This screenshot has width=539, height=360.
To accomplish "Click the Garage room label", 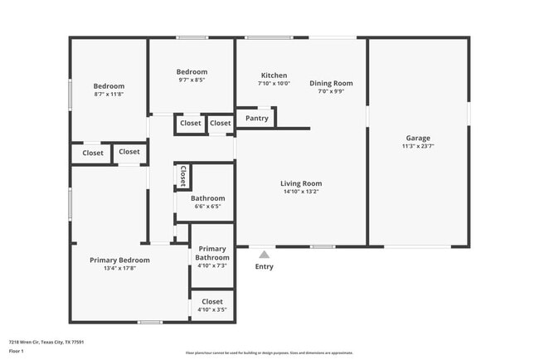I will pyautogui.click(x=417, y=138).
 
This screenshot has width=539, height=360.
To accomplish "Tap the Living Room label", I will pyautogui.click(x=300, y=183).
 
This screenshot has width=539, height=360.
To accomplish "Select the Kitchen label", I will pyautogui.click(x=274, y=75).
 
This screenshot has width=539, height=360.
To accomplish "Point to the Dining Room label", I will pyautogui.click(x=331, y=83).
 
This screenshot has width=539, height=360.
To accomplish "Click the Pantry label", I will pyautogui.click(x=256, y=119).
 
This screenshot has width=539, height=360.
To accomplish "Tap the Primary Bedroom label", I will pyautogui.click(x=124, y=260).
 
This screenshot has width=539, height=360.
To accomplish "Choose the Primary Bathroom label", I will pyautogui.click(x=212, y=253).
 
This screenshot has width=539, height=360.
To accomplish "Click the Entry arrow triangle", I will pyautogui.click(x=264, y=255).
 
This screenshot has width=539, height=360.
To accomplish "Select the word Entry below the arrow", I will pyautogui.click(x=264, y=266).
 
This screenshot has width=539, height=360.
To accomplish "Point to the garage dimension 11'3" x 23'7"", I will pyautogui.click(x=417, y=147).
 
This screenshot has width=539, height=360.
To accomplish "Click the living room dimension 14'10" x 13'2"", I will pyautogui.click(x=300, y=192).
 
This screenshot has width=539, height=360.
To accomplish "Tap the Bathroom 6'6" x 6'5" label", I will pyautogui.click(x=207, y=198).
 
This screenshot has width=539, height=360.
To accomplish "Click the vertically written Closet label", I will pyautogui.click(x=182, y=176).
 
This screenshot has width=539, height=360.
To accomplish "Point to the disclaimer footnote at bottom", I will pyautogui.click(x=269, y=353).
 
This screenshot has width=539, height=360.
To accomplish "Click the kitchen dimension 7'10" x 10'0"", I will pyautogui.click(x=274, y=83).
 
